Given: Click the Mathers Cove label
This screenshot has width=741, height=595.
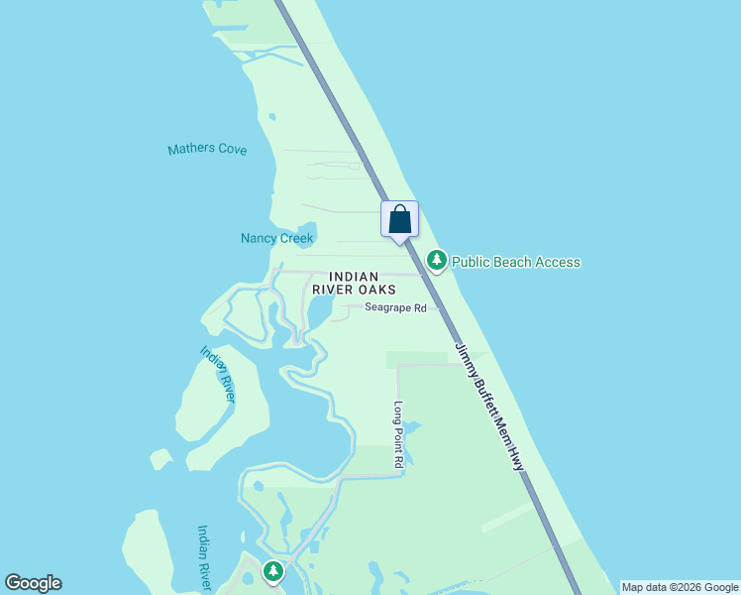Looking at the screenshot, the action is coord(207,150).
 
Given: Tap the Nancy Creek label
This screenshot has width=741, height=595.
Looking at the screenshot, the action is coord(276,238).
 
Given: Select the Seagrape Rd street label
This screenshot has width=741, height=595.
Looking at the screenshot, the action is coord(394,308).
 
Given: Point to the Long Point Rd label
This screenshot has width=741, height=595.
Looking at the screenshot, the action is coord(398,434).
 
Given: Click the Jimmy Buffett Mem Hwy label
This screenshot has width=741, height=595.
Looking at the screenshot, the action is coord(489,406).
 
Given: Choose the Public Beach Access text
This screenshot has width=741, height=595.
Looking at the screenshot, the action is coord(515,262).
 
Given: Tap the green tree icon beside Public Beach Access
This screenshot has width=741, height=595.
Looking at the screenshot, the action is coord(436,261).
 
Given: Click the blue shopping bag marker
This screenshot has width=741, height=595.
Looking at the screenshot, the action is coord(399,219).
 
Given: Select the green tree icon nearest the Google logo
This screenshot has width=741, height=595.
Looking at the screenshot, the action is coord(272,571).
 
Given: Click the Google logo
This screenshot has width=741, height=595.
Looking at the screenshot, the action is coord(33,583).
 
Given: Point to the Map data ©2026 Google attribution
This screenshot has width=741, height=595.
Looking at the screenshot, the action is coord(680,587).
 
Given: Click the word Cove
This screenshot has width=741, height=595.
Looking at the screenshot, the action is coord(232,150).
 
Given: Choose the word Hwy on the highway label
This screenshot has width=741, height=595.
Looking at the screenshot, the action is coord(515,458).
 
